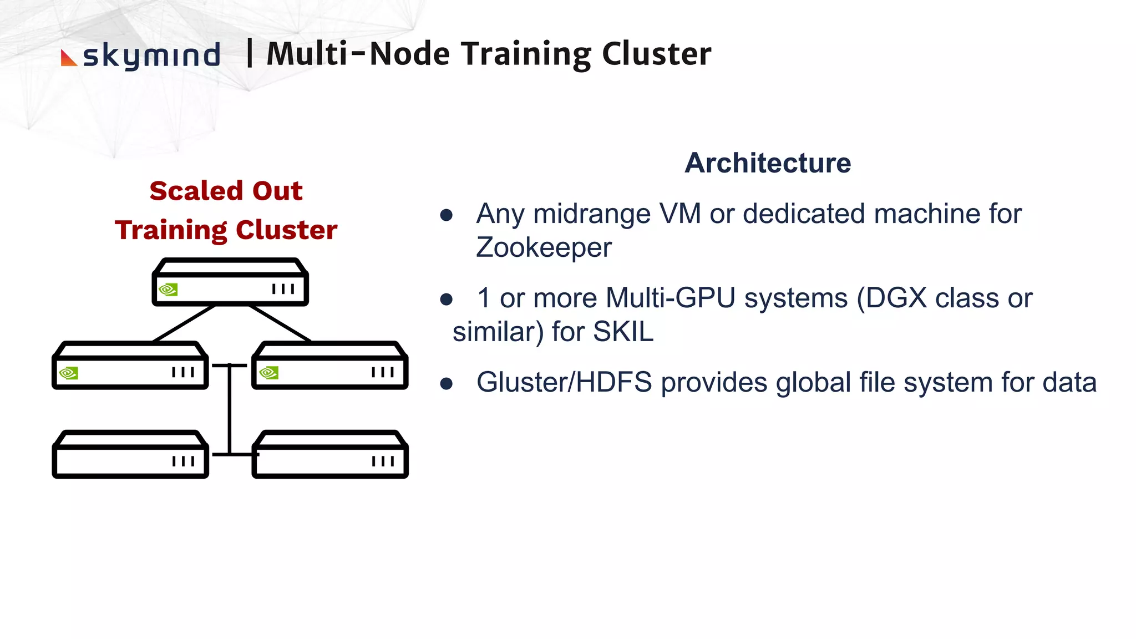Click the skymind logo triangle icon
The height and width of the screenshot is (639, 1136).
(x=68, y=58)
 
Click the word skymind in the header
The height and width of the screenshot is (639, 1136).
(x=151, y=55)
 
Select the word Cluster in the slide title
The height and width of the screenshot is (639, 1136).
(x=656, y=54)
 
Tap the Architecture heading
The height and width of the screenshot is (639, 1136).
(x=767, y=163)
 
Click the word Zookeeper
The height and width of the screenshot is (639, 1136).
(x=544, y=247)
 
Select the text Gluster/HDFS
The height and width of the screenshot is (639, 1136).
(x=564, y=383)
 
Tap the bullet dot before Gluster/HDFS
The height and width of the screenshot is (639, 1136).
(x=447, y=384)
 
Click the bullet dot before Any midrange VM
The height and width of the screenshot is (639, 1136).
(x=447, y=215)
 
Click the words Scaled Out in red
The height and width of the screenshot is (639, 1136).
(x=226, y=191)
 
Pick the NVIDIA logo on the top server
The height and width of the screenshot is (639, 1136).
(x=168, y=290)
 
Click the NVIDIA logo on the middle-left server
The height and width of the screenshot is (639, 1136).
(x=68, y=373)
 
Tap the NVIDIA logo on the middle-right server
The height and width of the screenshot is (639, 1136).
(x=268, y=373)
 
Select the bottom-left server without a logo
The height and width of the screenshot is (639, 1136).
(x=130, y=455)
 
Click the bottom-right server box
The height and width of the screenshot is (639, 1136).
(x=330, y=455)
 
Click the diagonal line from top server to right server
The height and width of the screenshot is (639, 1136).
(x=280, y=323)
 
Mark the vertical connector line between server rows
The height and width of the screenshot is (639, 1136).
(x=230, y=410)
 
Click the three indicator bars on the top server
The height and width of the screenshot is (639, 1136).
(x=283, y=289)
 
